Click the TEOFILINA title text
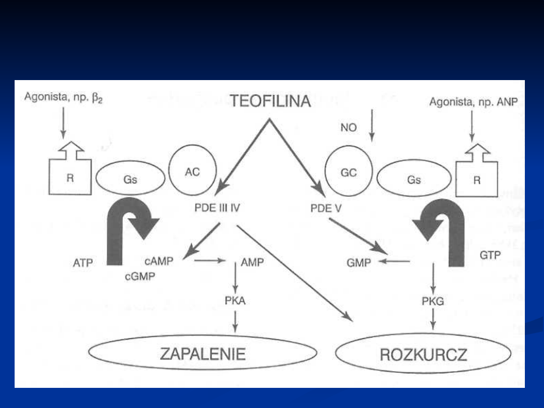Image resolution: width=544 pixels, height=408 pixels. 270,102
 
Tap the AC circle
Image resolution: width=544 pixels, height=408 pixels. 192,171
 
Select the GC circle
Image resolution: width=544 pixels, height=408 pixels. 349,172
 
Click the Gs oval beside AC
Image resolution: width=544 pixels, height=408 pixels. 130,179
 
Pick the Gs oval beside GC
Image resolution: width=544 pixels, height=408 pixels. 414,179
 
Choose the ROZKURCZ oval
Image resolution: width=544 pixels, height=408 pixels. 423,355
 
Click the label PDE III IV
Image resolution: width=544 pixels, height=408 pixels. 217,207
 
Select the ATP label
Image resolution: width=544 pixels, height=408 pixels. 83,262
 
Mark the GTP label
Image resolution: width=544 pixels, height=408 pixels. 490,256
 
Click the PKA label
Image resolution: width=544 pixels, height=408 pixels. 235,301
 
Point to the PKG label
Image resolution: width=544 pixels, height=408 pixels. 433,301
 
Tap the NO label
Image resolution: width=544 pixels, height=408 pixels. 348,127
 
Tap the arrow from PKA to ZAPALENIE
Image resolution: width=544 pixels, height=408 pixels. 235,321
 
